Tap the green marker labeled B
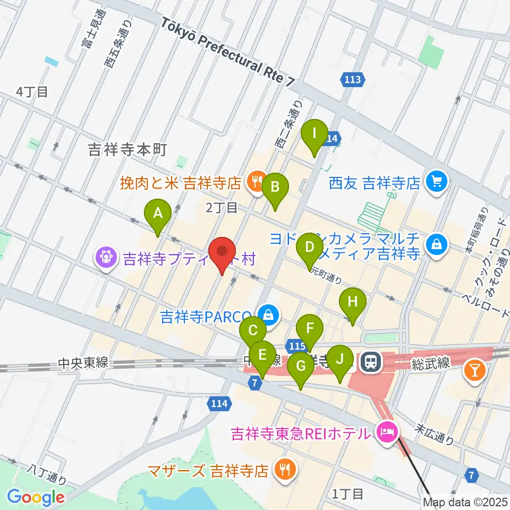pyautogui.click(x=275, y=188)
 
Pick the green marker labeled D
pyautogui.click(x=310, y=248)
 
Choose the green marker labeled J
pyautogui.click(x=340, y=360)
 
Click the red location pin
pyautogui.click(x=222, y=253)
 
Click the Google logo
pyautogui.click(x=36, y=497)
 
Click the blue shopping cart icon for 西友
pyautogui.click(x=437, y=183)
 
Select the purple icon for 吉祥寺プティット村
pyautogui.click(x=107, y=258)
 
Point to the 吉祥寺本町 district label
pyautogui.click(x=127, y=151)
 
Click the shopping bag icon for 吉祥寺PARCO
pyautogui.click(x=269, y=314)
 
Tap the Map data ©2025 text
pyautogui.click(x=465, y=501)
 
